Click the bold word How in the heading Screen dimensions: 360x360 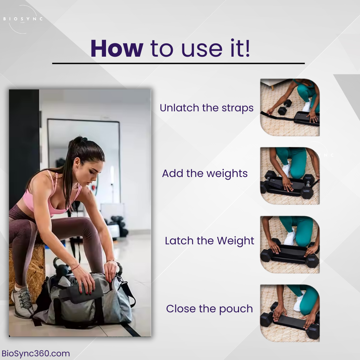tap(117, 49)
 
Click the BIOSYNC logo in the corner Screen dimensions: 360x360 tap(23, 19)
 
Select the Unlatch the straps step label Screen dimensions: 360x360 tap(206, 108)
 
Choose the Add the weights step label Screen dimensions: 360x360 tap(205, 174)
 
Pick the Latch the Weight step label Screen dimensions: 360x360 tap(209, 241)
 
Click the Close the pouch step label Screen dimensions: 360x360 tap(209, 309)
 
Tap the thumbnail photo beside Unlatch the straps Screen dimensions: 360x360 tap(290, 107)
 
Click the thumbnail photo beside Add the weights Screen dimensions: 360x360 tap(290, 175)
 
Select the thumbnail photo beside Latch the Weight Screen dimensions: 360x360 tap(290, 244)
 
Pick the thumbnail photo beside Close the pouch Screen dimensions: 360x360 tap(290, 313)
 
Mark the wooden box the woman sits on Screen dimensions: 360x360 tap(27, 267)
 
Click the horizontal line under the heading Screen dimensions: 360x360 tap(178, 63)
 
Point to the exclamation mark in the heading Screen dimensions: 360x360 tap(247, 49)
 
